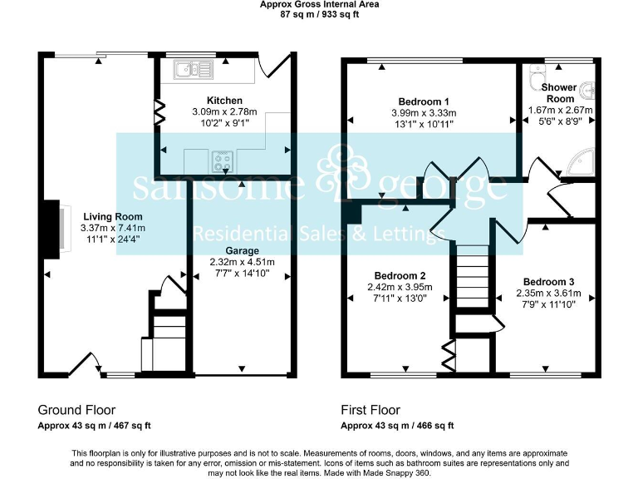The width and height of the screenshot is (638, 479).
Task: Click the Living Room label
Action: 113,216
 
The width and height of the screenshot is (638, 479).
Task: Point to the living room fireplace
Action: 54,227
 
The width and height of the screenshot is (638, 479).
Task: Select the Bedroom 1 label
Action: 424,101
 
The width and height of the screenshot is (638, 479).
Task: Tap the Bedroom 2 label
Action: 400,276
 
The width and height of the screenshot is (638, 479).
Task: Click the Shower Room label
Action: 560,92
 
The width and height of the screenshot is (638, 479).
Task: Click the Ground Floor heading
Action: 76,410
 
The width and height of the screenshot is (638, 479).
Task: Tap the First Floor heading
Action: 371,410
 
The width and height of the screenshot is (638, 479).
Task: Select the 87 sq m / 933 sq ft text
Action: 319,14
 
